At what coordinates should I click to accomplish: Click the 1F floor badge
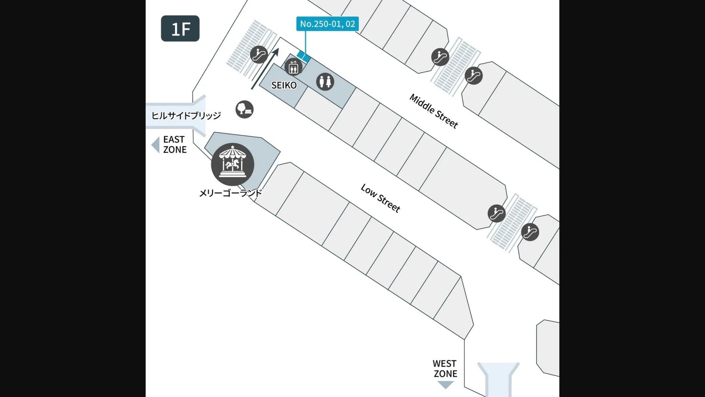pyautogui.click(x=180, y=28)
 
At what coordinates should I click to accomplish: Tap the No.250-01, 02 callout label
pyautogui.click(x=328, y=24)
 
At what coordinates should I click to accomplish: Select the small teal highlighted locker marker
pyautogui.click(x=304, y=56)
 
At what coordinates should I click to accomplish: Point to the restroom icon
pyautogui.click(x=325, y=82)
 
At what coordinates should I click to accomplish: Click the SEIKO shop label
pyautogui.click(x=284, y=85)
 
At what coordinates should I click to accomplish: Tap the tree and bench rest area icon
pyautogui.click(x=244, y=110)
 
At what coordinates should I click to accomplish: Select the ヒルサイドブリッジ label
pyautogui.click(x=186, y=115)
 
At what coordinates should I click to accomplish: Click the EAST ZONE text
pyautogui.click(x=175, y=144)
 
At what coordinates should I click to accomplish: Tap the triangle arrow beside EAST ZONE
pyautogui.click(x=156, y=145)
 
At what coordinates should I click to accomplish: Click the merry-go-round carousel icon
pyautogui.click(x=232, y=164)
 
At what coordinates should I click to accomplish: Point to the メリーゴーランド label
pyautogui.click(x=231, y=193)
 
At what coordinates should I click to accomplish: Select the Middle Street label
pyautogui.click(x=433, y=111)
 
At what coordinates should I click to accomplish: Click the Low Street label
pyautogui.click(x=380, y=198)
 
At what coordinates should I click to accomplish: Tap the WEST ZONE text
pyautogui.click(x=445, y=369)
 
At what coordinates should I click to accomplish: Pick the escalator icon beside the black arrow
pyautogui.click(x=259, y=54)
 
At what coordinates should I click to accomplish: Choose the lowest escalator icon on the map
pyautogui.click(x=530, y=232)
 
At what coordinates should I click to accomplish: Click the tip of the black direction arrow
pyautogui.click(x=278, y=48)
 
